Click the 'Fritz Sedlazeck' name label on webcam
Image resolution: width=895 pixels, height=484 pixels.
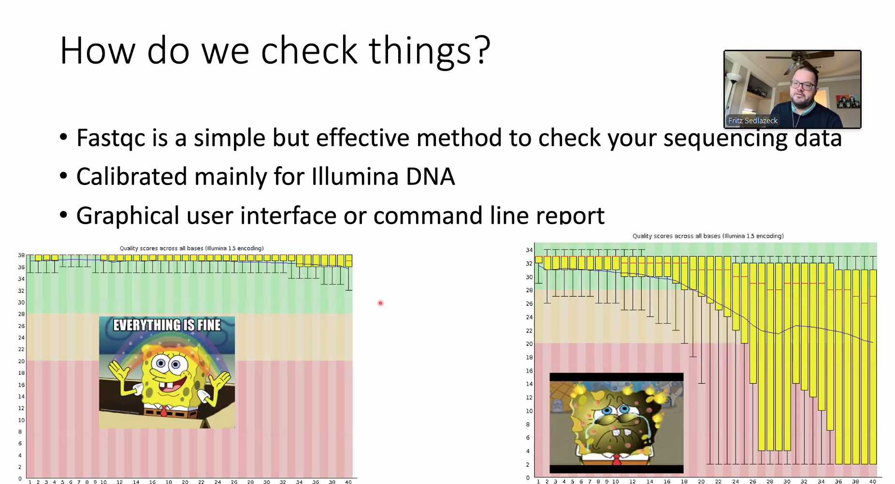pos(753,121)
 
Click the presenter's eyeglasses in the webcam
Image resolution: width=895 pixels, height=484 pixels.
pos(803,86)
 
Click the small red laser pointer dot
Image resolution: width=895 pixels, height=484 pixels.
pos(380,303)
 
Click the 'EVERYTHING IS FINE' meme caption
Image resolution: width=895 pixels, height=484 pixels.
pos(167,325)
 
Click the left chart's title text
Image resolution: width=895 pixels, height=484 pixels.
pos(191,248)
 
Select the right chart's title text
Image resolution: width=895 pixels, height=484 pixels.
pos(708,236)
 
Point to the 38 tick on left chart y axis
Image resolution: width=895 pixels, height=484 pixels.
pos(21,255)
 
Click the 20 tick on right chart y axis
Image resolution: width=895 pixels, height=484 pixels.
pos(529,344)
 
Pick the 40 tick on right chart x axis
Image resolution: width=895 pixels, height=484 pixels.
pos(873,481)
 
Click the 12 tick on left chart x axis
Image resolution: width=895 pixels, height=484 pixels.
pos(119,482)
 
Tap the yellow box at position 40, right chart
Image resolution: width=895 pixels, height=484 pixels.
pos(873,367)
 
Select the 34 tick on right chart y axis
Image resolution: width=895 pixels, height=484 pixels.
pos(529,250)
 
